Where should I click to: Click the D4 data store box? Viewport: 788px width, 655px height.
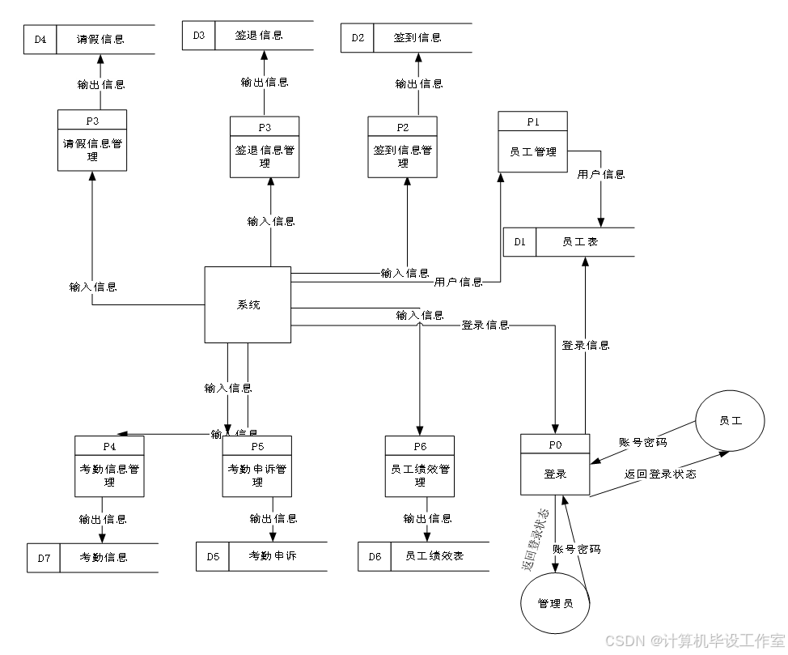tap(40, 40)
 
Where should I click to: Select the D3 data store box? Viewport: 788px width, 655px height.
tap(198, 36)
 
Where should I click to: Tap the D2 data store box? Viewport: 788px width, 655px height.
tap(357, 38)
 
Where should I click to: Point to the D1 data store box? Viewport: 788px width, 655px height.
tap(519, 242)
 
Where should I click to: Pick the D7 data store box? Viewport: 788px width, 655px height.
tap(44, 558)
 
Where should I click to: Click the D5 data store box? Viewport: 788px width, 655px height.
tap(212, 556)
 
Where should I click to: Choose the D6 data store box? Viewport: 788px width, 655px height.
tap(375, 556)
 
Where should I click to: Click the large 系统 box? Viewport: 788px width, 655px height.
tap(248, 304)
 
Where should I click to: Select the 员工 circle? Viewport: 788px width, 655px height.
tap(730, 420)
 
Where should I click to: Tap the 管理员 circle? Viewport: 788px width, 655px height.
tap(555, 603)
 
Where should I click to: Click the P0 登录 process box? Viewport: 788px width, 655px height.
tap(555, 465)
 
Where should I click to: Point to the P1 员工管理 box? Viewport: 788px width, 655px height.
tap(532, 142)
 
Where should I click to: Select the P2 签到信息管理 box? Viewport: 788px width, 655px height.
tap(402, 147)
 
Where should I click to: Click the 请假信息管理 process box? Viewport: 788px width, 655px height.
tap(92, 140)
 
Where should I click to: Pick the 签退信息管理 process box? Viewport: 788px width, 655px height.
tap(265, 147)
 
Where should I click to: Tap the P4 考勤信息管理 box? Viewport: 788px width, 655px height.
tap(109, 466)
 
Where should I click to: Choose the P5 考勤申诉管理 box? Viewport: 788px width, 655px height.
tap(257, 466)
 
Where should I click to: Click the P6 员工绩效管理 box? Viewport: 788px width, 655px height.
tap(419, 466)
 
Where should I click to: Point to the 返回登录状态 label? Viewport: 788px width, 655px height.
tap(659, 474)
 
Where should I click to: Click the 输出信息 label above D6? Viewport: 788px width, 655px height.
tap(427, 518)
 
